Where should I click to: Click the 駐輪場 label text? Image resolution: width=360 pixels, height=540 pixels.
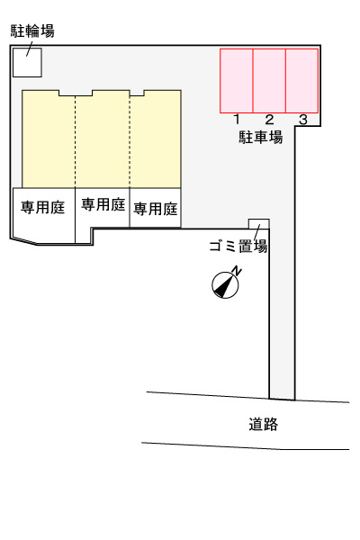point(32,31)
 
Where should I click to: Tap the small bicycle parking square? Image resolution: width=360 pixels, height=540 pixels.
point(26,61)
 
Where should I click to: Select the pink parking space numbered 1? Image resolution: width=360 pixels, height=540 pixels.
point(237,81)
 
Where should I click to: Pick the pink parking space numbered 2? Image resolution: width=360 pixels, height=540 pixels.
point(269,81)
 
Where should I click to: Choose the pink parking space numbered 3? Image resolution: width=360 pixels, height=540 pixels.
point(302,81)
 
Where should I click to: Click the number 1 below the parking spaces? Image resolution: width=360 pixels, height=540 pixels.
point(236,120)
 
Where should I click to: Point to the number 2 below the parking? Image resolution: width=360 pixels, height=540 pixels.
point(269,120)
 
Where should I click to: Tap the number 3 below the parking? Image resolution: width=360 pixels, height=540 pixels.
point(303,120)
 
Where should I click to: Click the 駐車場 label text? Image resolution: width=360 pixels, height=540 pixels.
point(261,138)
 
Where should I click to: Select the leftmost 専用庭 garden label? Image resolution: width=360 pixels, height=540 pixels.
point(42,207)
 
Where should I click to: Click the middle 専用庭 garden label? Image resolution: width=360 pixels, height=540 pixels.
point(103,204)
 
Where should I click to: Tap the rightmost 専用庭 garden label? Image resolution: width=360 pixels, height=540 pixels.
point(156,209)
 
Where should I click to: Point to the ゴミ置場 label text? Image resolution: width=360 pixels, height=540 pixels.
point(238,247)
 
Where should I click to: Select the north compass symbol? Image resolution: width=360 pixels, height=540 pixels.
point(225,284)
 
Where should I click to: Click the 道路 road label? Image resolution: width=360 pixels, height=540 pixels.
point(263,423)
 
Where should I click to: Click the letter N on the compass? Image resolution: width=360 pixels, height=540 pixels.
point(237,270)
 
